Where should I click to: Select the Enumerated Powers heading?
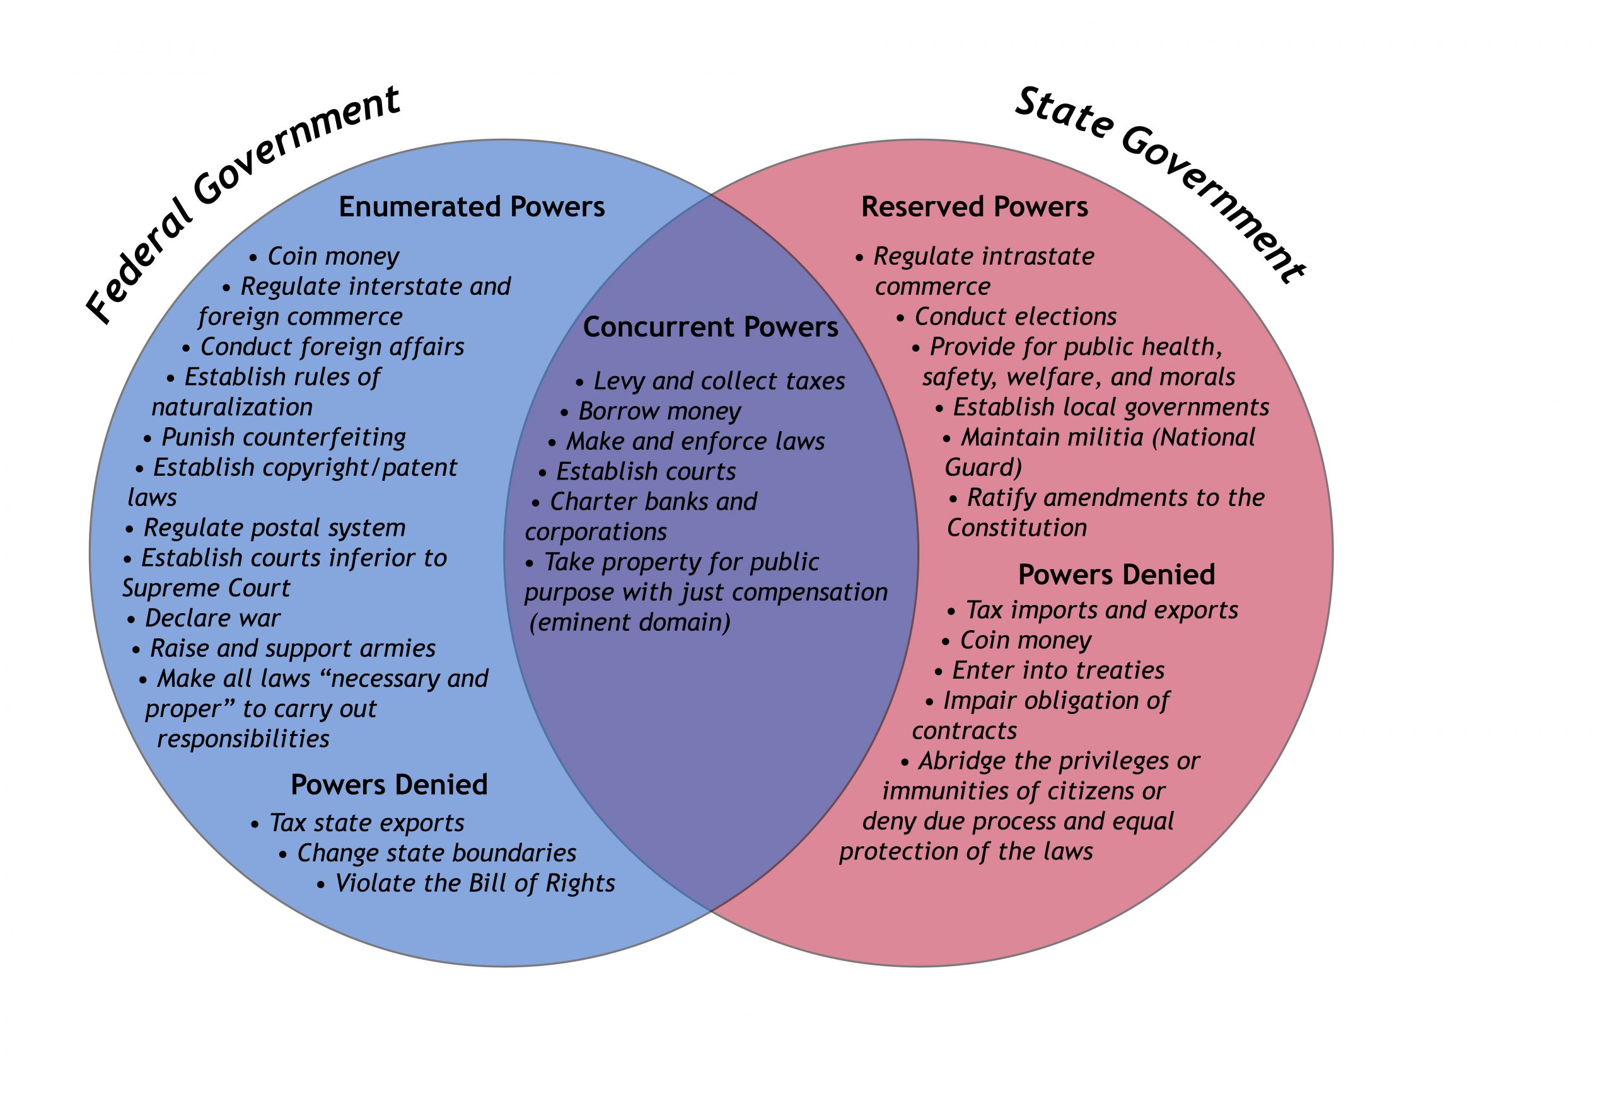(x=472, y=207)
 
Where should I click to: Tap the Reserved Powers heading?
(x=974, y=207)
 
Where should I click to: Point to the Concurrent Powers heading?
(x=711, y=327)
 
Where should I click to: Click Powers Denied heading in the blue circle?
(x=389, y=785)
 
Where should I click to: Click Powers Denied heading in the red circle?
(x=1116, y=574)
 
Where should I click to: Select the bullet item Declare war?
(x=212, y=618)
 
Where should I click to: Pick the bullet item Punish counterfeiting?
(x=283, y=437)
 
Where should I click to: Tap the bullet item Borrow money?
(x=659, y=411)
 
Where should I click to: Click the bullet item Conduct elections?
(x=1014, y=316)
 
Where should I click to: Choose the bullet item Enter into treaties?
(x=1058, y=670)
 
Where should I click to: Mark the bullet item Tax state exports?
(x=366, y=823)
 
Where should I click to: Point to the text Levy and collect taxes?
(x=719, y=381)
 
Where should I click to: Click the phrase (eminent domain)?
(x=630, y=622)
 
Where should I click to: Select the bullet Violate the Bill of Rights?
(x=474, y=883)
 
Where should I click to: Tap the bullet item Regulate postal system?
(x=274, y=527)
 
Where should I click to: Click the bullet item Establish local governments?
(x=1110, y=407)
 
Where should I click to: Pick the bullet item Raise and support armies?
(x=293, y=648)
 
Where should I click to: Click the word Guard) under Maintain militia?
(x=983, y=467)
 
